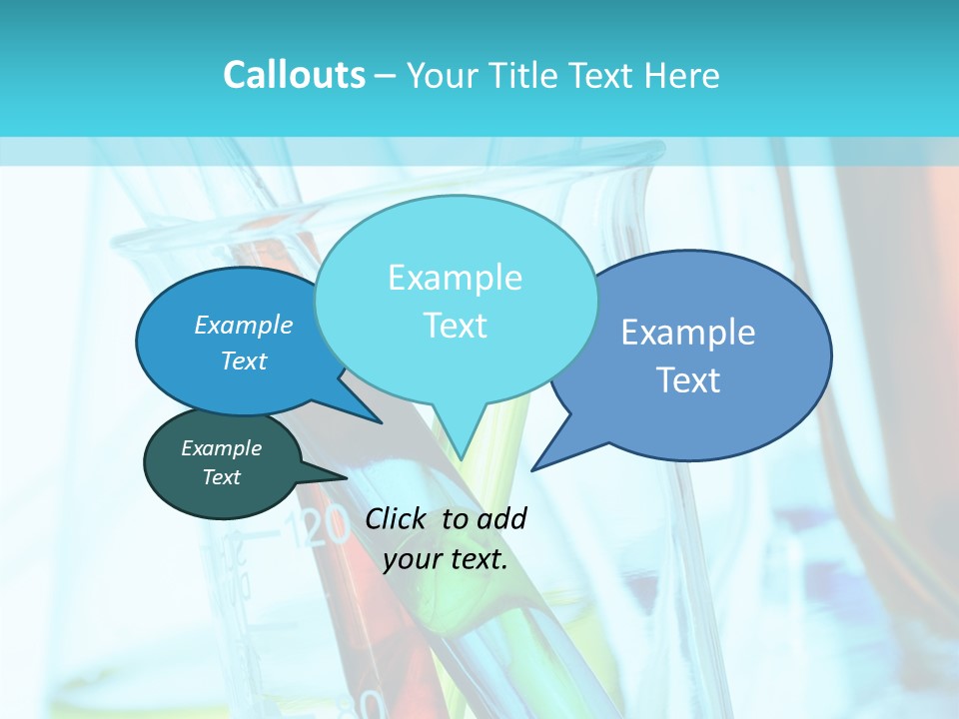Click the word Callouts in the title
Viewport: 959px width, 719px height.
tap(294, 75)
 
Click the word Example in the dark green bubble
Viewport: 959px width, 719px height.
tap(221, 448)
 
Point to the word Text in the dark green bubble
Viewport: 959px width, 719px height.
tap(221, 477)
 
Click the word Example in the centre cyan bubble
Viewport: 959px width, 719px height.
tap(455, 278)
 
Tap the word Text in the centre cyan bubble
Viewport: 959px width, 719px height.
tap(455, 326)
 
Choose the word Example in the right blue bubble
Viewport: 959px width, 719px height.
tap(688, 333)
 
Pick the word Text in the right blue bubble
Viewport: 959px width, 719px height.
tap(688, 380)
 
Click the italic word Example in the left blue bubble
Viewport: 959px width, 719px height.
tap(244, 326)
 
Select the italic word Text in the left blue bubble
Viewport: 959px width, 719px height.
tap(244, 360)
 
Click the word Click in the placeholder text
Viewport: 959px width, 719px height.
tap(397, 518)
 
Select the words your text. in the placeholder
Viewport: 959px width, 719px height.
tap(446, 560)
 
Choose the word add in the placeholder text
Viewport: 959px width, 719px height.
tap(501, 518)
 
